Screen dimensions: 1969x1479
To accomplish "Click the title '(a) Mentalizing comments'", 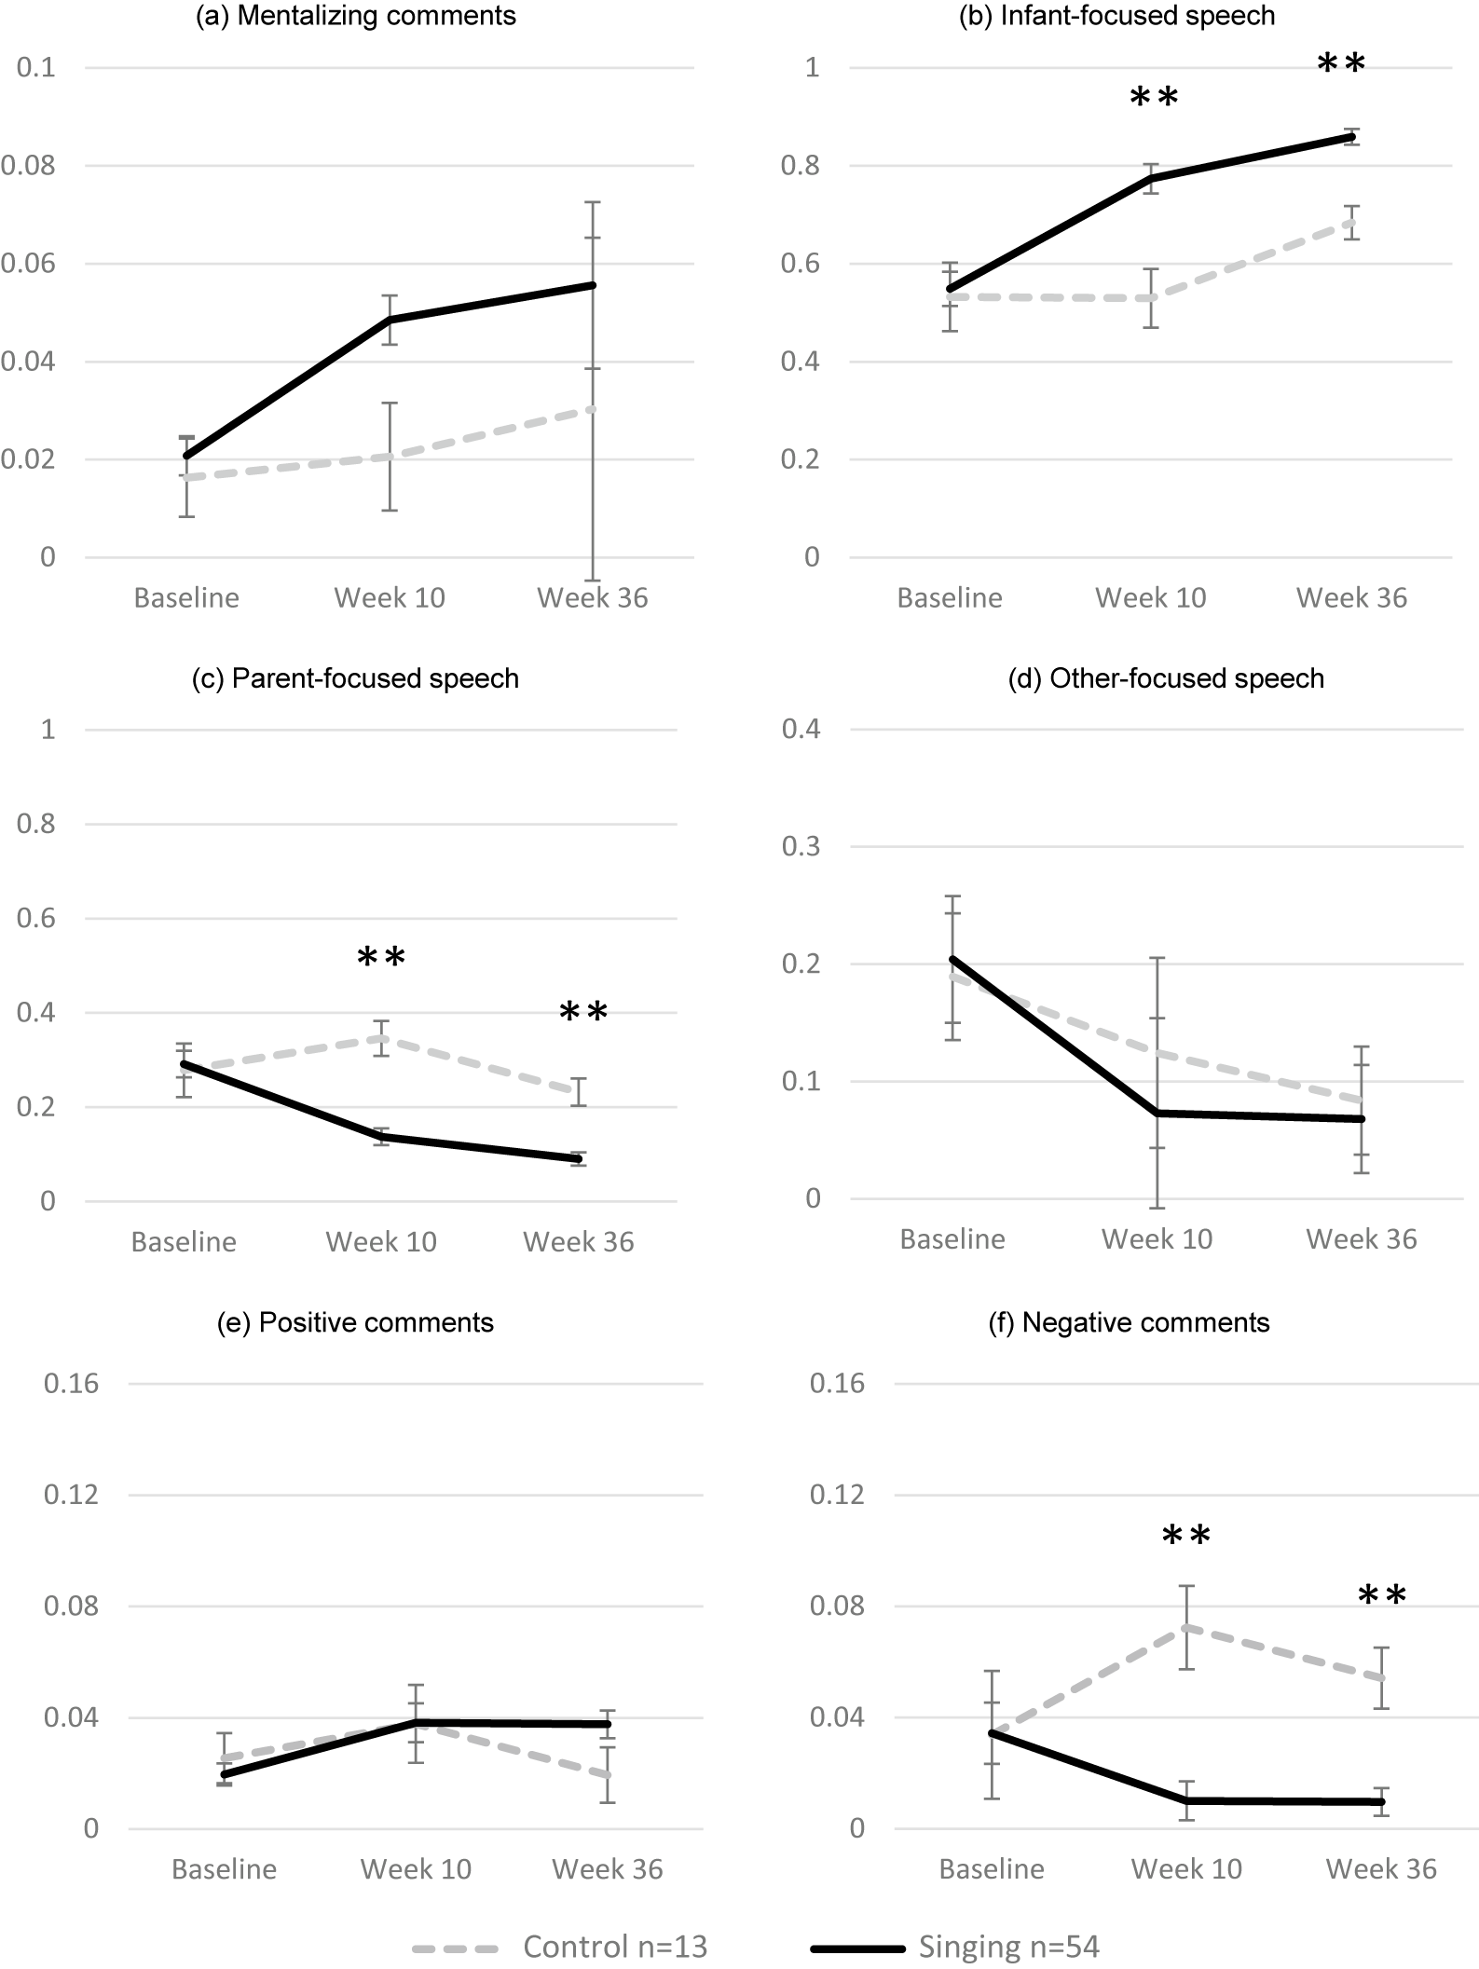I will pos(355,16).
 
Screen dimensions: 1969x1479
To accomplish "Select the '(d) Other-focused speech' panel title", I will pos(1165,678).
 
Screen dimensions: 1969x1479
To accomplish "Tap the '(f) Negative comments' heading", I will pos(1129,1322).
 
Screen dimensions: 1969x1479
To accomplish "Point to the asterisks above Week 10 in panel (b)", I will pos(1154,99).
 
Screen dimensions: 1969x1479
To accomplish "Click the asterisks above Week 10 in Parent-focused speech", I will pos(381,959).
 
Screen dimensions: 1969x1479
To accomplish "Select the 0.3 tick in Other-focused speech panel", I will pos(801,846).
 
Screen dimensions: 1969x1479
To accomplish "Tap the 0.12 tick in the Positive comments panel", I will pos(71,1494).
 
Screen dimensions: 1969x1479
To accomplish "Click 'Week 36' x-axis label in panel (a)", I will pos(592,597).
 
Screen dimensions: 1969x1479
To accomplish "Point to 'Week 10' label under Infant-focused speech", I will pos(1150,597).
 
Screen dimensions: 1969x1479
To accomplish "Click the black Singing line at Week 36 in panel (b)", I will pos(1352,137).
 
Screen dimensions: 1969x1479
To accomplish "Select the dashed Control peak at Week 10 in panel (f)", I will pos(1186,1627).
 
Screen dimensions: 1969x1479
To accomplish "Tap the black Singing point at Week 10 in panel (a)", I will pos(390,320).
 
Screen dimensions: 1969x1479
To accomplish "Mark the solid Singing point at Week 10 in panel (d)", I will pos(1157,1113).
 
